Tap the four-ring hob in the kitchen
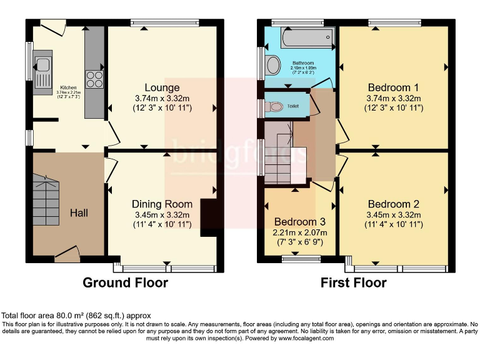[x=94, y=79]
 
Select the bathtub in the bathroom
[x=302, y=39]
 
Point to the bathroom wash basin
[x=273, y=64]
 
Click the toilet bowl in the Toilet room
[x=276, y=107]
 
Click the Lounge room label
[x=162, y=87]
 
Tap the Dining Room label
[x=162, y=204]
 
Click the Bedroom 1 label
[x=394, y=87]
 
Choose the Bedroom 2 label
[x=394, y=204]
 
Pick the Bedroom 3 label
[x=300, y=222]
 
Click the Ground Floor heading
[x=125, y=282]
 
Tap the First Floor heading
[x=353, y=282]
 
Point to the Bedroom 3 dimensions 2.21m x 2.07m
[x=300, y=232]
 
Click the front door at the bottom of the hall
[x=66, y=252]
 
